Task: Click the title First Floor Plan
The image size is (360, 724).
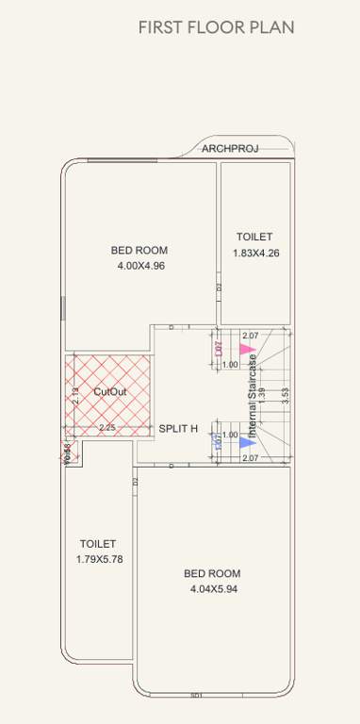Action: coord(216,27)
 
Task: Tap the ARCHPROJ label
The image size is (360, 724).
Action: coord(230,148)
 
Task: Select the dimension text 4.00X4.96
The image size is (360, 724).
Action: coord(140,266)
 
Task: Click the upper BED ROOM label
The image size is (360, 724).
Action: coord(139,250)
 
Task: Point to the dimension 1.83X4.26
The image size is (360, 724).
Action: coord(256,253)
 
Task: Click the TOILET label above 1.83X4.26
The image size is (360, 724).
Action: coord(254,237)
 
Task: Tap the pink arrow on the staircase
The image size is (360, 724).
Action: coord(247,349)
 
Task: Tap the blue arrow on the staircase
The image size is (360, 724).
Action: coord(247,440)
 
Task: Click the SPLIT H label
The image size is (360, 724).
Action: coord(178,428)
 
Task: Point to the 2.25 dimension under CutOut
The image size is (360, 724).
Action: coord(108,427)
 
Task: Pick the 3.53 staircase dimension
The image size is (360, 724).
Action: coord(284,396)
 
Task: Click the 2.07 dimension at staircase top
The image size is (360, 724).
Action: coord(251,336)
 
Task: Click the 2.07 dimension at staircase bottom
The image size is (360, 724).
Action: coord(251,457)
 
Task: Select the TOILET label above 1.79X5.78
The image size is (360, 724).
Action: coord(98,544)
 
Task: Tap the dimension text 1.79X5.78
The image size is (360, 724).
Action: coord(100,559)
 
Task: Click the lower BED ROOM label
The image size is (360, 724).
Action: coord(212,573)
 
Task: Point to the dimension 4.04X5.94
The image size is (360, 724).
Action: coord(212,589)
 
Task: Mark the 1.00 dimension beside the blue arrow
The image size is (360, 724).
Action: coord(229,435)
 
